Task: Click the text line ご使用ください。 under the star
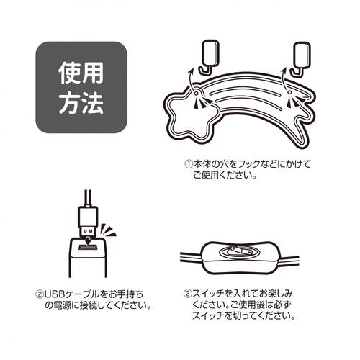point(223,176)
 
